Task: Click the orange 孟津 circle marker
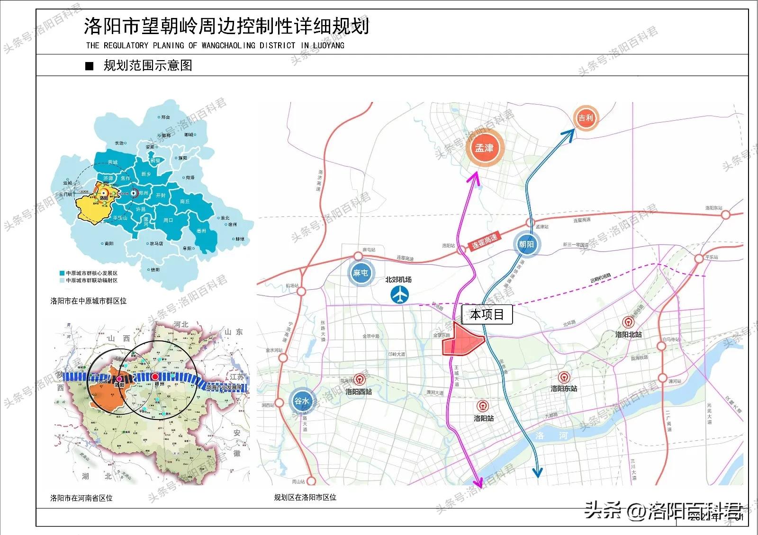(x=484, y=148)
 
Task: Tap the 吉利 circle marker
(x=586, y=118)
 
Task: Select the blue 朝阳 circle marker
(x=526, y=244)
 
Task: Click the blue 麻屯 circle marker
(x=361, y=273)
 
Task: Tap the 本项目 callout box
(x=487, y=314)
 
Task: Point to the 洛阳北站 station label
(x=628, y=334)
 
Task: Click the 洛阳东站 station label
(x=564, y=389)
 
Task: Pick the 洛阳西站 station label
(x=359, y=392)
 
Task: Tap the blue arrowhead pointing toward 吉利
(x=568, y=134)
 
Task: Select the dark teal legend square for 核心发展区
(x=62, y=273)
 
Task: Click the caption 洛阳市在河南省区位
(x=81, y=498)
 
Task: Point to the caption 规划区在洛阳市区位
(x=305, y=498)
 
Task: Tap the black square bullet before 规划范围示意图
(x=90, y=66)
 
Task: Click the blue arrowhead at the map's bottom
(x=537, y=472)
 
